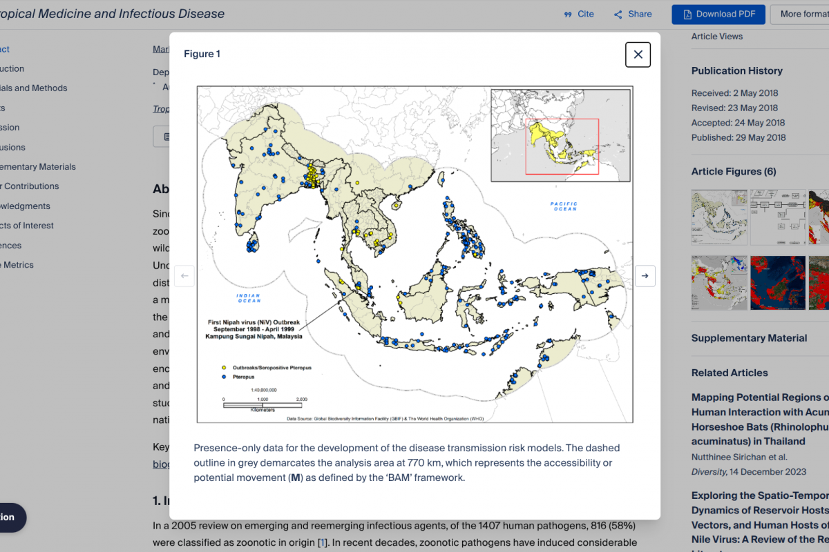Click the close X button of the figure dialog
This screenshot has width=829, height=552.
638,55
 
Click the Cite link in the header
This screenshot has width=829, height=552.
579,14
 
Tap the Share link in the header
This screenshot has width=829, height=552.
633,14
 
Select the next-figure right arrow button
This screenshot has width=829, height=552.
645,276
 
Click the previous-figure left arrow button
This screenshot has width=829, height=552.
184,276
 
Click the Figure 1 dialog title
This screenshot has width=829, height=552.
202,54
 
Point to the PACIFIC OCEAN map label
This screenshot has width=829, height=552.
564,206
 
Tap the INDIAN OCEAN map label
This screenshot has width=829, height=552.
248,298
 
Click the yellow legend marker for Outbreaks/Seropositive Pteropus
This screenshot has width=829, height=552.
224,368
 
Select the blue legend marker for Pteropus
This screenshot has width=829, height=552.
224,377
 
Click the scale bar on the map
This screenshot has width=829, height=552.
263,404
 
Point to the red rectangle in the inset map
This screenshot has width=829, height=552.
562,146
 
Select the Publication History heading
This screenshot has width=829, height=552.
736,70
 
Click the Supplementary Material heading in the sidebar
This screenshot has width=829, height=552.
749,338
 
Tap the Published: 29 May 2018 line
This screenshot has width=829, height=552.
738,137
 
